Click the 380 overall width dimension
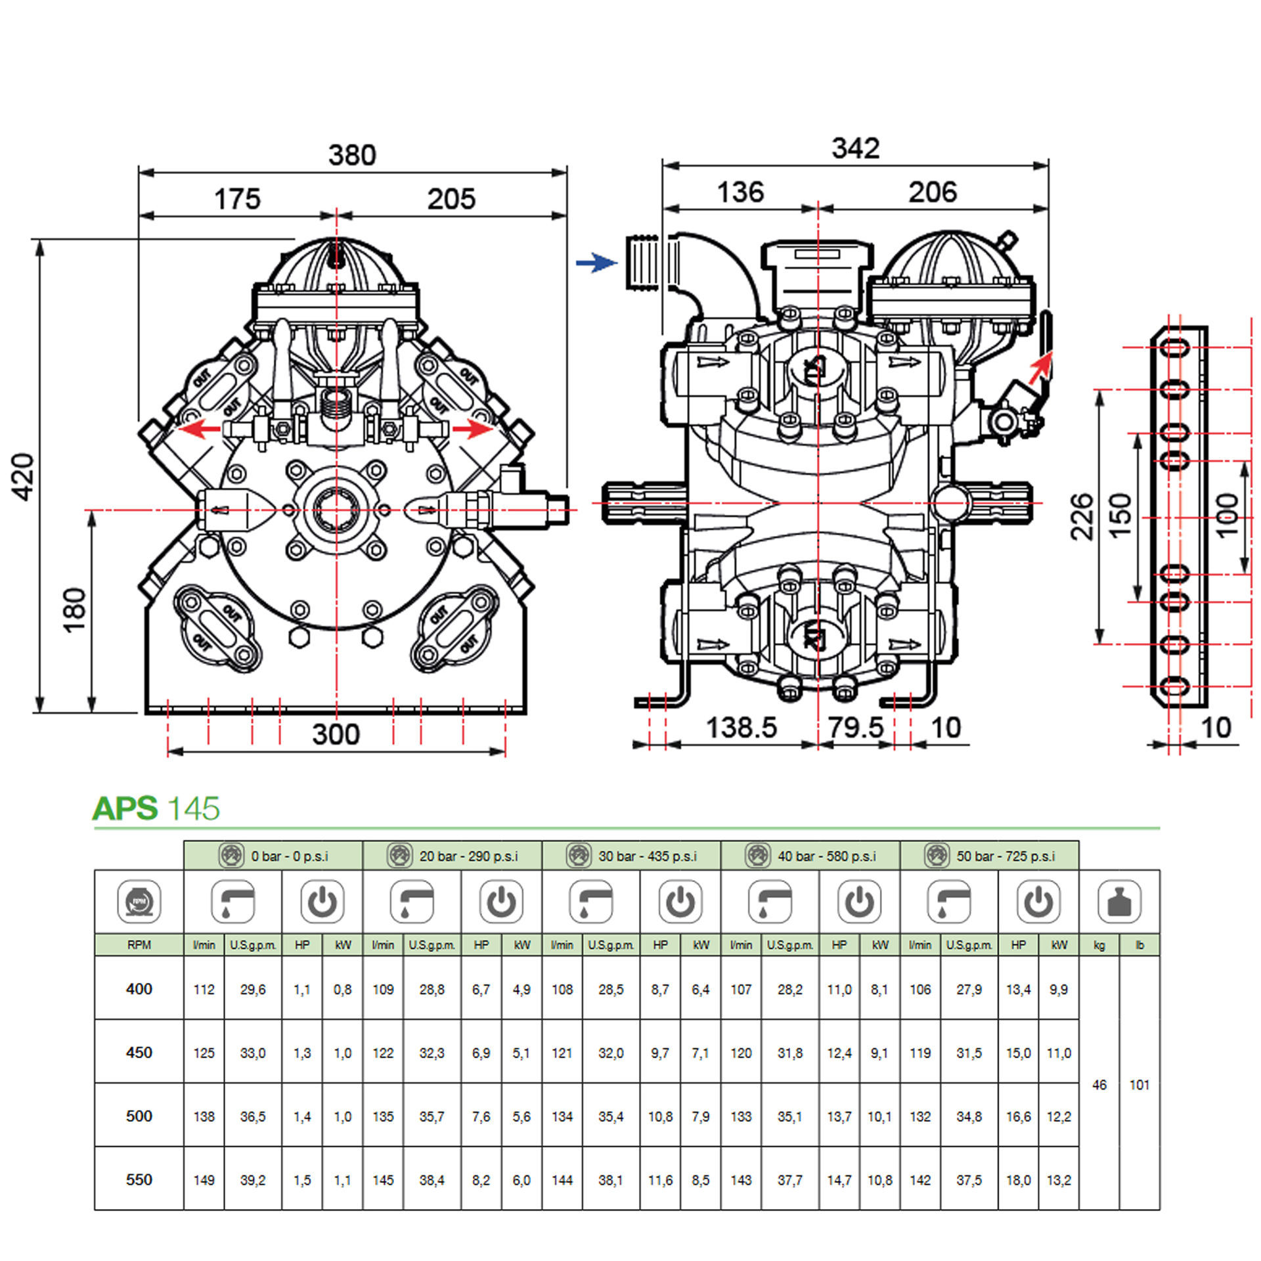click(352, 156)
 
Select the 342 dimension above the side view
click(855, 148)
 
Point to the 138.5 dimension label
click(741, 728)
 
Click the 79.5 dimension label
click(855, 728)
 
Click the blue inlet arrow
click(596, 263)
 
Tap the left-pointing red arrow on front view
click(200, 430)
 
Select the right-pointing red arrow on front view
click(473, 430)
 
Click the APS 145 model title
click(156, 808)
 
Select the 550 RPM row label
click(139, 1180)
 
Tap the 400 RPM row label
click(139, 989)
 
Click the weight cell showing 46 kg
click(1099, 1085)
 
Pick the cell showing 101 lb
click(1139, 1085)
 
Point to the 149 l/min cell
click(204, 1180)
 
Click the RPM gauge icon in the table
click(139, 901)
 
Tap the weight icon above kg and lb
click(1119, 901)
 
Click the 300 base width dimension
click(336, 734)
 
